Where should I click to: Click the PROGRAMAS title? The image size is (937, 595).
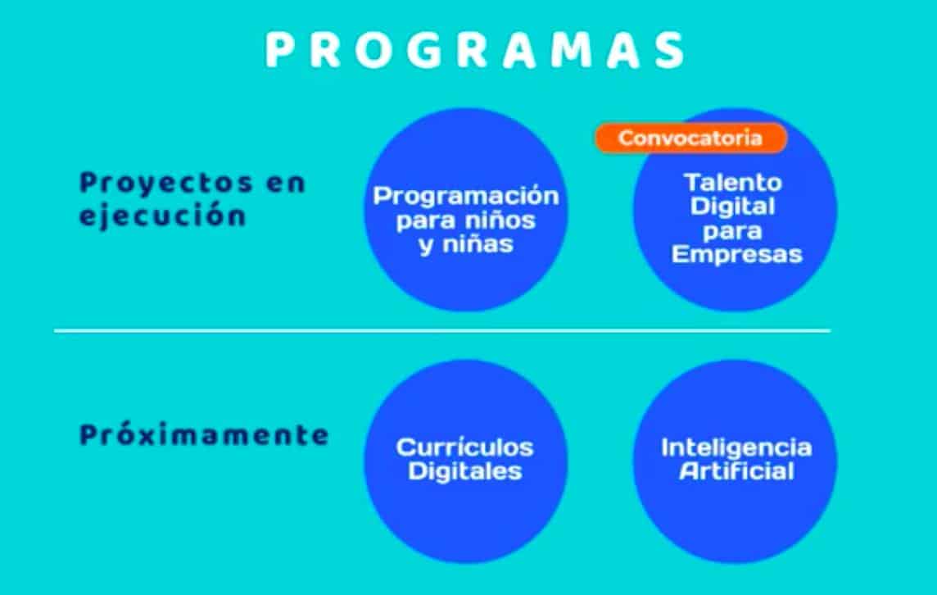476,50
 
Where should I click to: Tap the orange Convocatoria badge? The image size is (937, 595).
690,139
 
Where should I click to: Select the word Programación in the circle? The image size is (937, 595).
466,197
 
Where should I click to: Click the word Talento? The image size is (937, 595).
733,183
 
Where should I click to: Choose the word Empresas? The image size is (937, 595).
736,254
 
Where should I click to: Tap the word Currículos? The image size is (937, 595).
465,447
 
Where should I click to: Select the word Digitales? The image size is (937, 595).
465,471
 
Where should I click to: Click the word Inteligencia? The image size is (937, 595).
736,448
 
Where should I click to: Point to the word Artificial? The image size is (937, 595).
737,471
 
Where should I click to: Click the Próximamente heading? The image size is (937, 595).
204,434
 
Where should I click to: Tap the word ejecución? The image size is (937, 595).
162,216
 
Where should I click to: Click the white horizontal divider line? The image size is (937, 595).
442,330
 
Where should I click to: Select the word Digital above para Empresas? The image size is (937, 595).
732,207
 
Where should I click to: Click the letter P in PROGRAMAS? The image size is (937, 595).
279,50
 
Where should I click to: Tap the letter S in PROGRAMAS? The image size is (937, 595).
670,50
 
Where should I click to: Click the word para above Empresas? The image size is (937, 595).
732,231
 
